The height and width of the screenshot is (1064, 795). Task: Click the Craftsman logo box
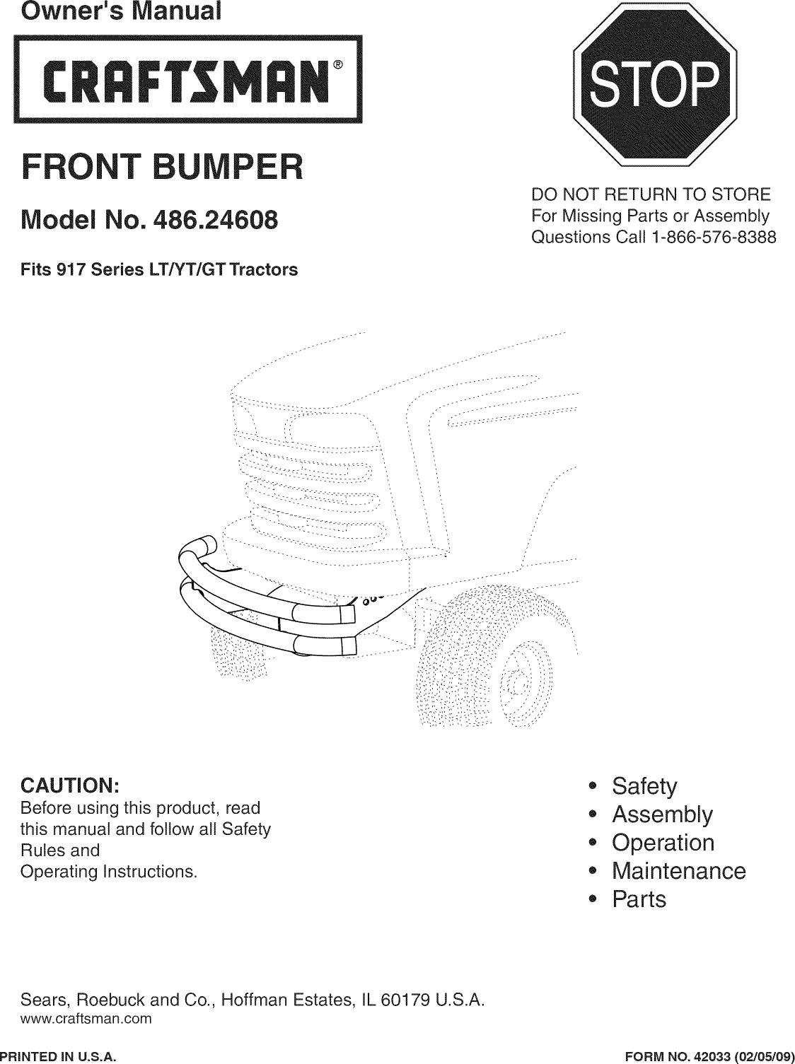click(x=189, y=79)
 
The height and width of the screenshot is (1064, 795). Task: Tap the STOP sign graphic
click(x=654, y=83)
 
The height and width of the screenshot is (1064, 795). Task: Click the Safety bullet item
click(x=644, y=786)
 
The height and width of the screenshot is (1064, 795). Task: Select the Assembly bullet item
click(x=662, y=814)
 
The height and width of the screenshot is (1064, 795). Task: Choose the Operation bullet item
click(x=663, y=843)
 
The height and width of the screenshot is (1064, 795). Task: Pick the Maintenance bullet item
click(x=678, y=871)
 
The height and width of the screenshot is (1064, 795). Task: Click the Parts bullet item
click(x=639, y=899)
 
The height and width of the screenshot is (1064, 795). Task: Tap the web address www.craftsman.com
click(x=87, y=1019)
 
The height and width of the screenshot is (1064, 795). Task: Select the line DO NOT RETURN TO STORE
click(x=651, y=194)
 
